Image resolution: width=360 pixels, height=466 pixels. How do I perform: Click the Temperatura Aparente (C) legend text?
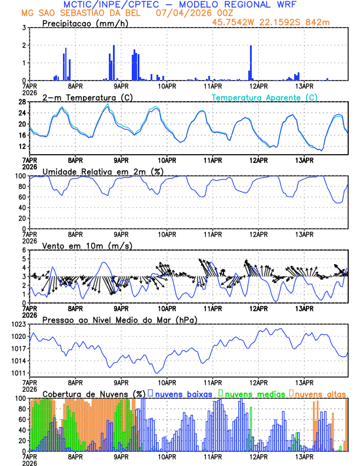click(x=264, y=97)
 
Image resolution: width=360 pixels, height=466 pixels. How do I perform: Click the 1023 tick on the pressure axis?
click(x=18, y=324)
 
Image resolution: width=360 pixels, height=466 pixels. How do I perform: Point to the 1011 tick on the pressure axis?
click(x=18, y=374)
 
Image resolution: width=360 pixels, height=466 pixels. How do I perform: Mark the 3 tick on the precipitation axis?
click(x=24, y=28)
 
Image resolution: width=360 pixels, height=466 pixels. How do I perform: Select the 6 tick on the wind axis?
click(x=24, y=250)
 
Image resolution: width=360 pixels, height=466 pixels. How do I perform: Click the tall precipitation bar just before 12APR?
click(x=251, y=62)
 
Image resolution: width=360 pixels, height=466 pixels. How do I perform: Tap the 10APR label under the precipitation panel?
click(x=166, y=85)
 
